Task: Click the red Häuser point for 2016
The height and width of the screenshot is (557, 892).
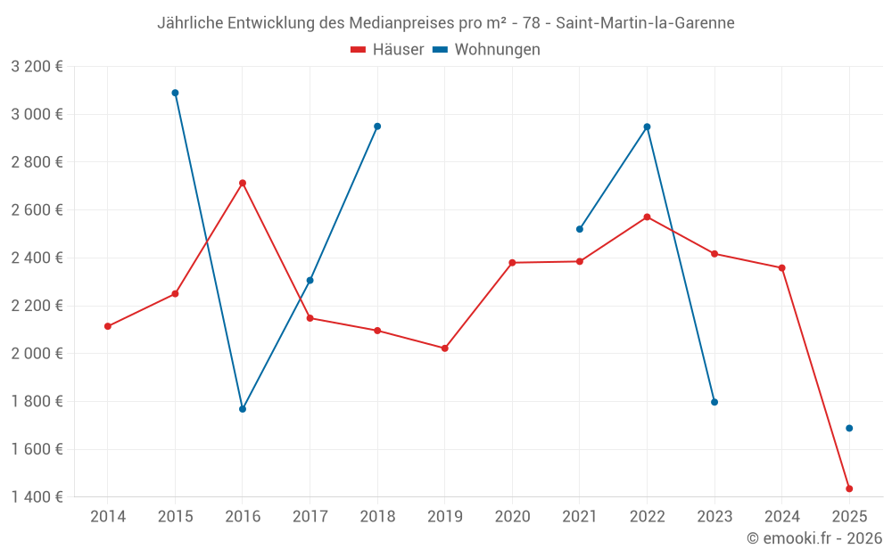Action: [243, 184]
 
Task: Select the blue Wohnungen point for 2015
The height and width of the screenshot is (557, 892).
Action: [175, 93]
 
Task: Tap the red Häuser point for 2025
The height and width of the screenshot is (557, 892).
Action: [849, 488]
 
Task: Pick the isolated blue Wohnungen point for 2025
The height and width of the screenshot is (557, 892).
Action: [849, 429]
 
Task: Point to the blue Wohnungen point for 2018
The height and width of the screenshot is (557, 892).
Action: [377, 127]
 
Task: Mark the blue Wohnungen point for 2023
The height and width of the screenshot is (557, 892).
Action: [714, 402]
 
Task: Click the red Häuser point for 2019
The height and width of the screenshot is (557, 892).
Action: [445, 348]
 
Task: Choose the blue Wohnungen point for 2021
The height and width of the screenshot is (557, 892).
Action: [580, 229]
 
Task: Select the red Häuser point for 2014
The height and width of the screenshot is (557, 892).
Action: [108, 326]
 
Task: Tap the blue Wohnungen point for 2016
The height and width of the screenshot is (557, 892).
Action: [243, 409]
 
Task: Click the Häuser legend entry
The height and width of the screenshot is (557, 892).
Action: [387, 50]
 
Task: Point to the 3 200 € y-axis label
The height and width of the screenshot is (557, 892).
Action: [37, 66]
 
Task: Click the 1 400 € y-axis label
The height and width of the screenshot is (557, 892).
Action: [37, 497]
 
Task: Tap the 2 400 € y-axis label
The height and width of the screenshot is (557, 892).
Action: [37, 258]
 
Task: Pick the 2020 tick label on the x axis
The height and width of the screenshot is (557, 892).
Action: [512, 516]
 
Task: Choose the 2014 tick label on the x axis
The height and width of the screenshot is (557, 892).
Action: [108, 516]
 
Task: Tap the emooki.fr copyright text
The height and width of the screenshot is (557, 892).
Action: [814, 538]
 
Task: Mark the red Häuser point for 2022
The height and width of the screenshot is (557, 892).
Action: [647, 217]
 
